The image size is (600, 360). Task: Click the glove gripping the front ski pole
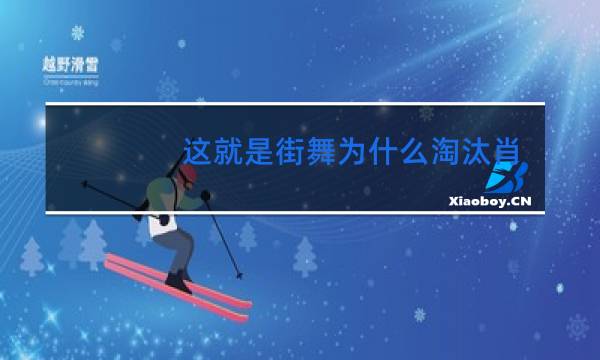205,195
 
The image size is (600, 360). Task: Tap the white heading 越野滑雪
70,62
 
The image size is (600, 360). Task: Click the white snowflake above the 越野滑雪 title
78,33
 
